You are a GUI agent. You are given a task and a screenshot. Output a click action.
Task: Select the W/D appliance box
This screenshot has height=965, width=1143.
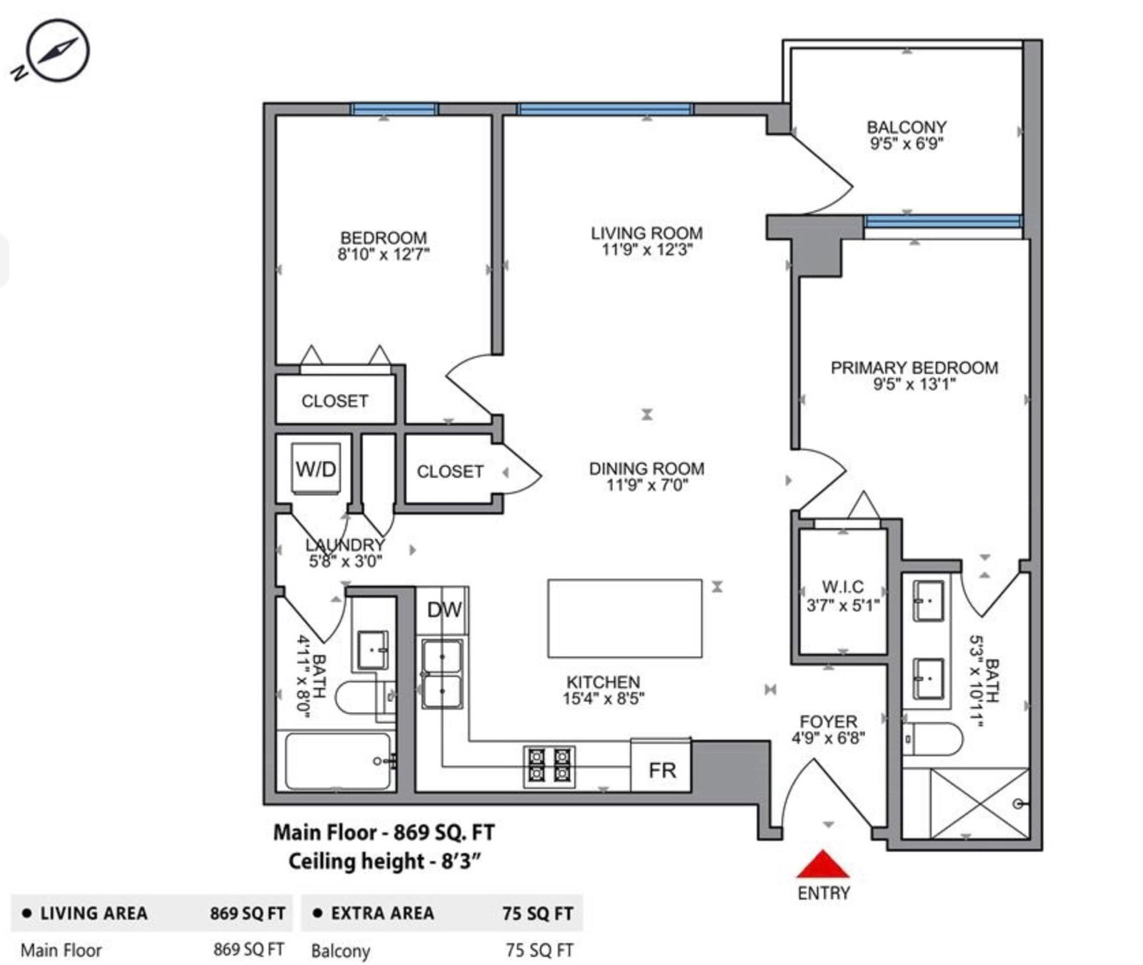click(x=315, y=469)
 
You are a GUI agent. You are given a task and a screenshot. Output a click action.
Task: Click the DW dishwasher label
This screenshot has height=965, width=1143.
click(x=444, y=610)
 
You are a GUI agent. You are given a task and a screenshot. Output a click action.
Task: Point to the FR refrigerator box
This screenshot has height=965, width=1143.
click(x=661, y=766)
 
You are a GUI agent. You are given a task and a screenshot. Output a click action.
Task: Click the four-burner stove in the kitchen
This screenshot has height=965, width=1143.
click(x=549, y=766)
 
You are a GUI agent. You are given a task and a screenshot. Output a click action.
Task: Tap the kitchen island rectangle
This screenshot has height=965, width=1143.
click(x=624, y=618)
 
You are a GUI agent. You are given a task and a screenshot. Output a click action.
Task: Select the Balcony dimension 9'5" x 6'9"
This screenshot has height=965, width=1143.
click(x=907, y=144)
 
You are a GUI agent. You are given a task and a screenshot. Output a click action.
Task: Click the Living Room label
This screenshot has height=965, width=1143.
click(x=647, y=233)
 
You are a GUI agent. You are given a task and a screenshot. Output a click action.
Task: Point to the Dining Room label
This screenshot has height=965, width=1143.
click(x=647, y=469)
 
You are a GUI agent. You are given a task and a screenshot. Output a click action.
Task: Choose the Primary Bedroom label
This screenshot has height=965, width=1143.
click(x=914, y=367)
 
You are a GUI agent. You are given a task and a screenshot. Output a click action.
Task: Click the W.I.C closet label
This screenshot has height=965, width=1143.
click(x=843, y=587)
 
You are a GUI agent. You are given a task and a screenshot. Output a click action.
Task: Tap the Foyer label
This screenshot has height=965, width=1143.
click(x=829, y=721)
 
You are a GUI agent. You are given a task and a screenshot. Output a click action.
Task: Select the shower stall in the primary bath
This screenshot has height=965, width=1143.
click(x=980, y=803)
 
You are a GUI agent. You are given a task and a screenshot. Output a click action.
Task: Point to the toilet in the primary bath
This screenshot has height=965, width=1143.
click(x=933, y=738)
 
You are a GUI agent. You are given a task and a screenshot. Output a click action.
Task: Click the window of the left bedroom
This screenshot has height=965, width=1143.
click(x=394, y=109)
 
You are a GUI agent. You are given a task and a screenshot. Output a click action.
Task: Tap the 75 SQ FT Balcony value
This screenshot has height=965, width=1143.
click(x=539, y=950)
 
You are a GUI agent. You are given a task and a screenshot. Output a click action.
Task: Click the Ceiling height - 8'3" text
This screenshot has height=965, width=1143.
click(x=384, y=861)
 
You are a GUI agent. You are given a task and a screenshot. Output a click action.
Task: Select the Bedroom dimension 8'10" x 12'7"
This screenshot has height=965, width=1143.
click(x=384, y=254)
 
